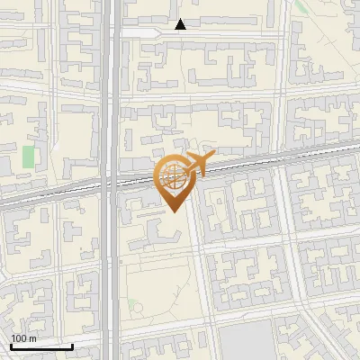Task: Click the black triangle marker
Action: tap(181, 24)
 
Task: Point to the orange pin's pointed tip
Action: tap(172, 212)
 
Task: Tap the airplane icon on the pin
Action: tap(198, 165)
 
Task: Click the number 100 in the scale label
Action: tap(18, 338)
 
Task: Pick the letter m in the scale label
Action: tap(33, 338)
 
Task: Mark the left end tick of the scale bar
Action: tap(11, 346)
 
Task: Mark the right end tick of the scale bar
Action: tap(72, 346)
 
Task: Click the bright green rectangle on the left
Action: tap(29, 157)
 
